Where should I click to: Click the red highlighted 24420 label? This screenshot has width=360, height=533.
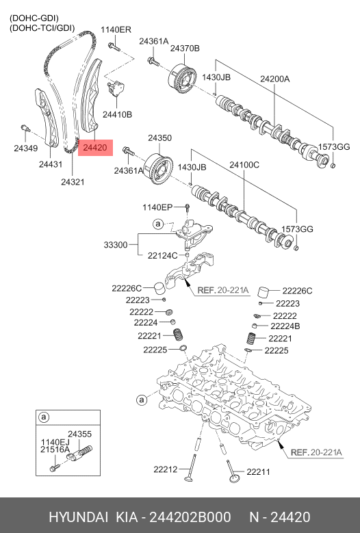pos(95,148)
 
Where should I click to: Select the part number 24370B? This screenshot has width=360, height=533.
pos(185,49)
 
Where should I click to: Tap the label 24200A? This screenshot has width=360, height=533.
pos(274,79)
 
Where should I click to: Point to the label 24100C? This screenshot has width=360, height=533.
pos(244,165)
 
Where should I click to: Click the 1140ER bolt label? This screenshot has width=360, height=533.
pos(116,29)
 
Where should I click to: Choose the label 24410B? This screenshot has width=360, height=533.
pos(117,114)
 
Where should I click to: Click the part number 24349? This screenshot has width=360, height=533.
pos(26,148)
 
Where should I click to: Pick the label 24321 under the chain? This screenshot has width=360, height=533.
pos(73,182)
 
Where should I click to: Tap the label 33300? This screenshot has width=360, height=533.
pos(116,245)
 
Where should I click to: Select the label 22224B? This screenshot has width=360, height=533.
pos(285,326)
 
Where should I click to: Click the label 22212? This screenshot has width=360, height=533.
pos(165,469)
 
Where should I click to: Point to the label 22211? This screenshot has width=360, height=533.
pos(258,472)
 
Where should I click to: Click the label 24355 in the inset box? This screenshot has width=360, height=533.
pos(79,434)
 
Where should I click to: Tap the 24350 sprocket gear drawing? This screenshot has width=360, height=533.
pos(157,169)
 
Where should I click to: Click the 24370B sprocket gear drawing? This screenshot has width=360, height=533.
pos(182,79)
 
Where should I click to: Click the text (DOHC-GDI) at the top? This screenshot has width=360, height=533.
pos(34,18)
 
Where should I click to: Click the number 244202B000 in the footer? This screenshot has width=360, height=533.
pos(190,517)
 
